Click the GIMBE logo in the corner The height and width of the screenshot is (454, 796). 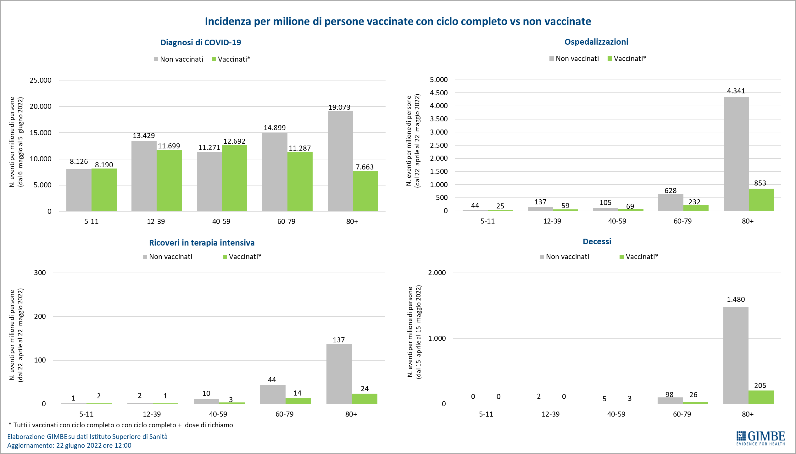(x=760, y=438)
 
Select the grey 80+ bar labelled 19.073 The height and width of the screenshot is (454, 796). (x=340, y=161)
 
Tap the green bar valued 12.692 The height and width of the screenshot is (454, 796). (x=234, y=178)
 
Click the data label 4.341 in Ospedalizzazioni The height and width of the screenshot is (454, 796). (x=736, y=91)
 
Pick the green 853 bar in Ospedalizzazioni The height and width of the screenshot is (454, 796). (x=761, y=200)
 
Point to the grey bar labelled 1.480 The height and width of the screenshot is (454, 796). (x=736, y=355)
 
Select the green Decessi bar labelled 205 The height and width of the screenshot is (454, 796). (x=761, y=397)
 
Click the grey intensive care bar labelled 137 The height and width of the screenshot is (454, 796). (x=339, y=374)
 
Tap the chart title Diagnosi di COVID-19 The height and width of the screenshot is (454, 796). (x=201, y=42)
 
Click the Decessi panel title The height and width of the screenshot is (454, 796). (x=597, y=241)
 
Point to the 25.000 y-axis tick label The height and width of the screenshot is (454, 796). (x=41, y=80)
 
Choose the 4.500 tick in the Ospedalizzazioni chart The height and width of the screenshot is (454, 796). (x=439, y=93)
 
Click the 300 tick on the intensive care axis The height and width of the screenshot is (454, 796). (x=40, y=273)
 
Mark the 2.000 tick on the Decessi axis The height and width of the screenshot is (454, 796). (x=437, y=273)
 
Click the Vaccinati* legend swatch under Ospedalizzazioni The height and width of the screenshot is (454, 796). (x=610, y=59)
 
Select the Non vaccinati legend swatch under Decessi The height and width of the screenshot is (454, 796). (x=542, y=257)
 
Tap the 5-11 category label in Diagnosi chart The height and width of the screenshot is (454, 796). (x=91, y=221)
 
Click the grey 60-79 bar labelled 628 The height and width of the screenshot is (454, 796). (x=671, y=202)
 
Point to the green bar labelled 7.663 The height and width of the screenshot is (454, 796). (x=365, y=191)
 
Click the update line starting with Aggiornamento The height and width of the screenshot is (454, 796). (x=69, y=446)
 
